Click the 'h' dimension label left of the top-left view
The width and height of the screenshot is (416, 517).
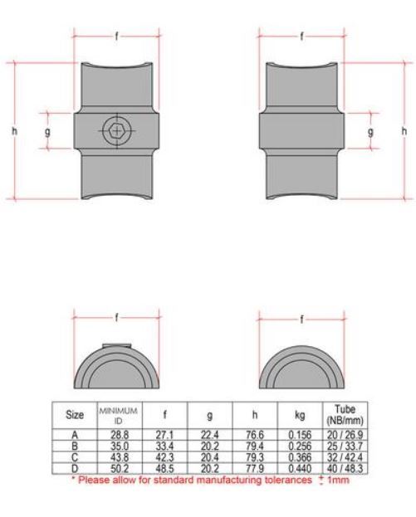click(x=12, y=130)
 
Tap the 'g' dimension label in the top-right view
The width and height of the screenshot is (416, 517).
click(x=370, y=130)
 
